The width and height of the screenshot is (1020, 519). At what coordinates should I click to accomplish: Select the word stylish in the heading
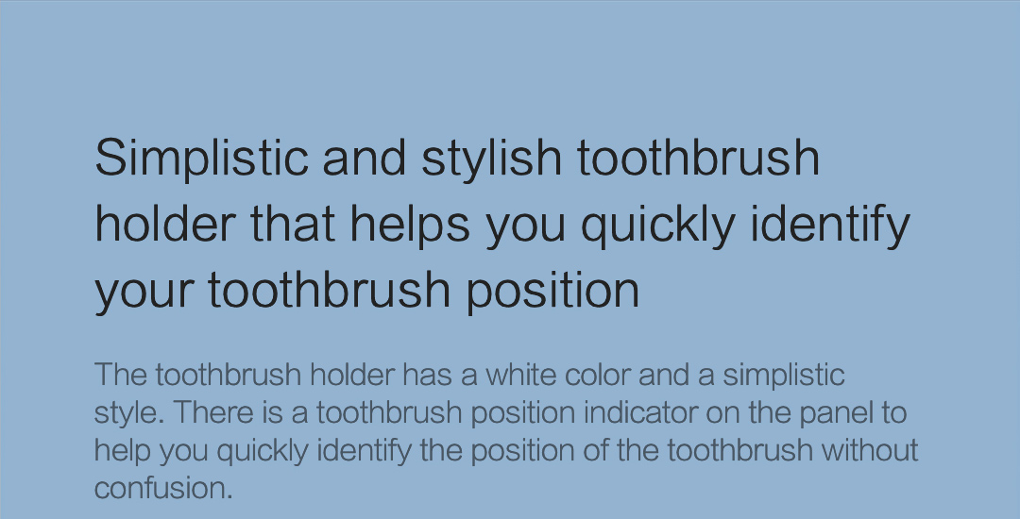(492, 159)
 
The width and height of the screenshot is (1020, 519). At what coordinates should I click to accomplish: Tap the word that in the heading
(293, 224)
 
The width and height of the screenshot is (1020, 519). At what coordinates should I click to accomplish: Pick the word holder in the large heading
(165, 224)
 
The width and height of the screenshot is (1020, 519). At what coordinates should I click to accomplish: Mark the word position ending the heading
(552, 291)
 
